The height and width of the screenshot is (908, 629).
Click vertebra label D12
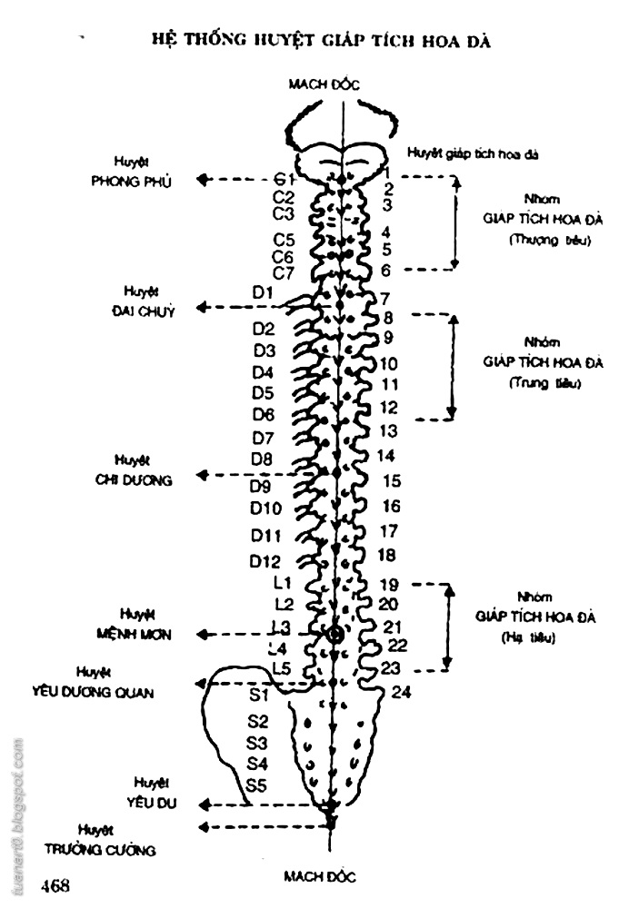(x=265, y=560)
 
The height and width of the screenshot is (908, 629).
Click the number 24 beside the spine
(x=403, y=693)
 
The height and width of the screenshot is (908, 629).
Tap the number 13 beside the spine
(x=387, y=430)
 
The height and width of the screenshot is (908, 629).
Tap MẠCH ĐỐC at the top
(x=324, y=84)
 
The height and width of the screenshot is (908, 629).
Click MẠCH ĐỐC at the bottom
(x=319, y=876)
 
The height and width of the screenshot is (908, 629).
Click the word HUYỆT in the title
(x=265, y=43)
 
